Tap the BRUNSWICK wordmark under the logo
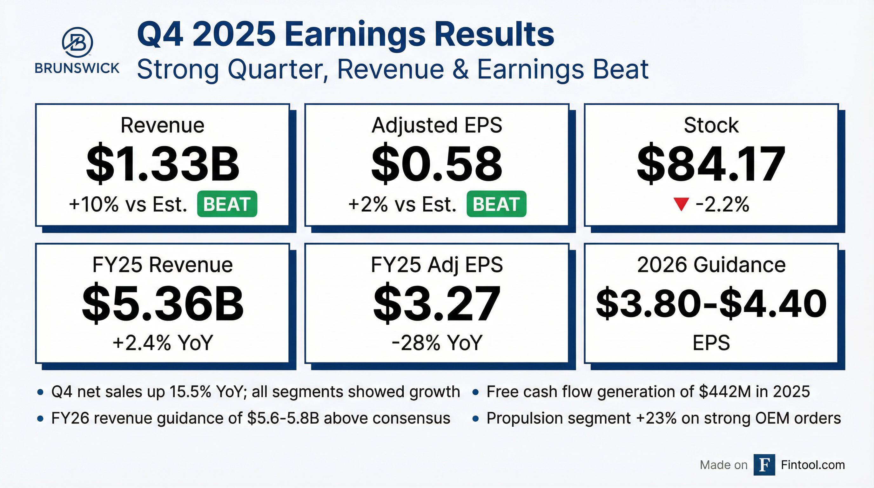77,68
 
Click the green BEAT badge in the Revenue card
227,204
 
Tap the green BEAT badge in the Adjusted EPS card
496,204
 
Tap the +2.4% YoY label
163,342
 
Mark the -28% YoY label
437,342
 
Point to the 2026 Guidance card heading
711,265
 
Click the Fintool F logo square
764,464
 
